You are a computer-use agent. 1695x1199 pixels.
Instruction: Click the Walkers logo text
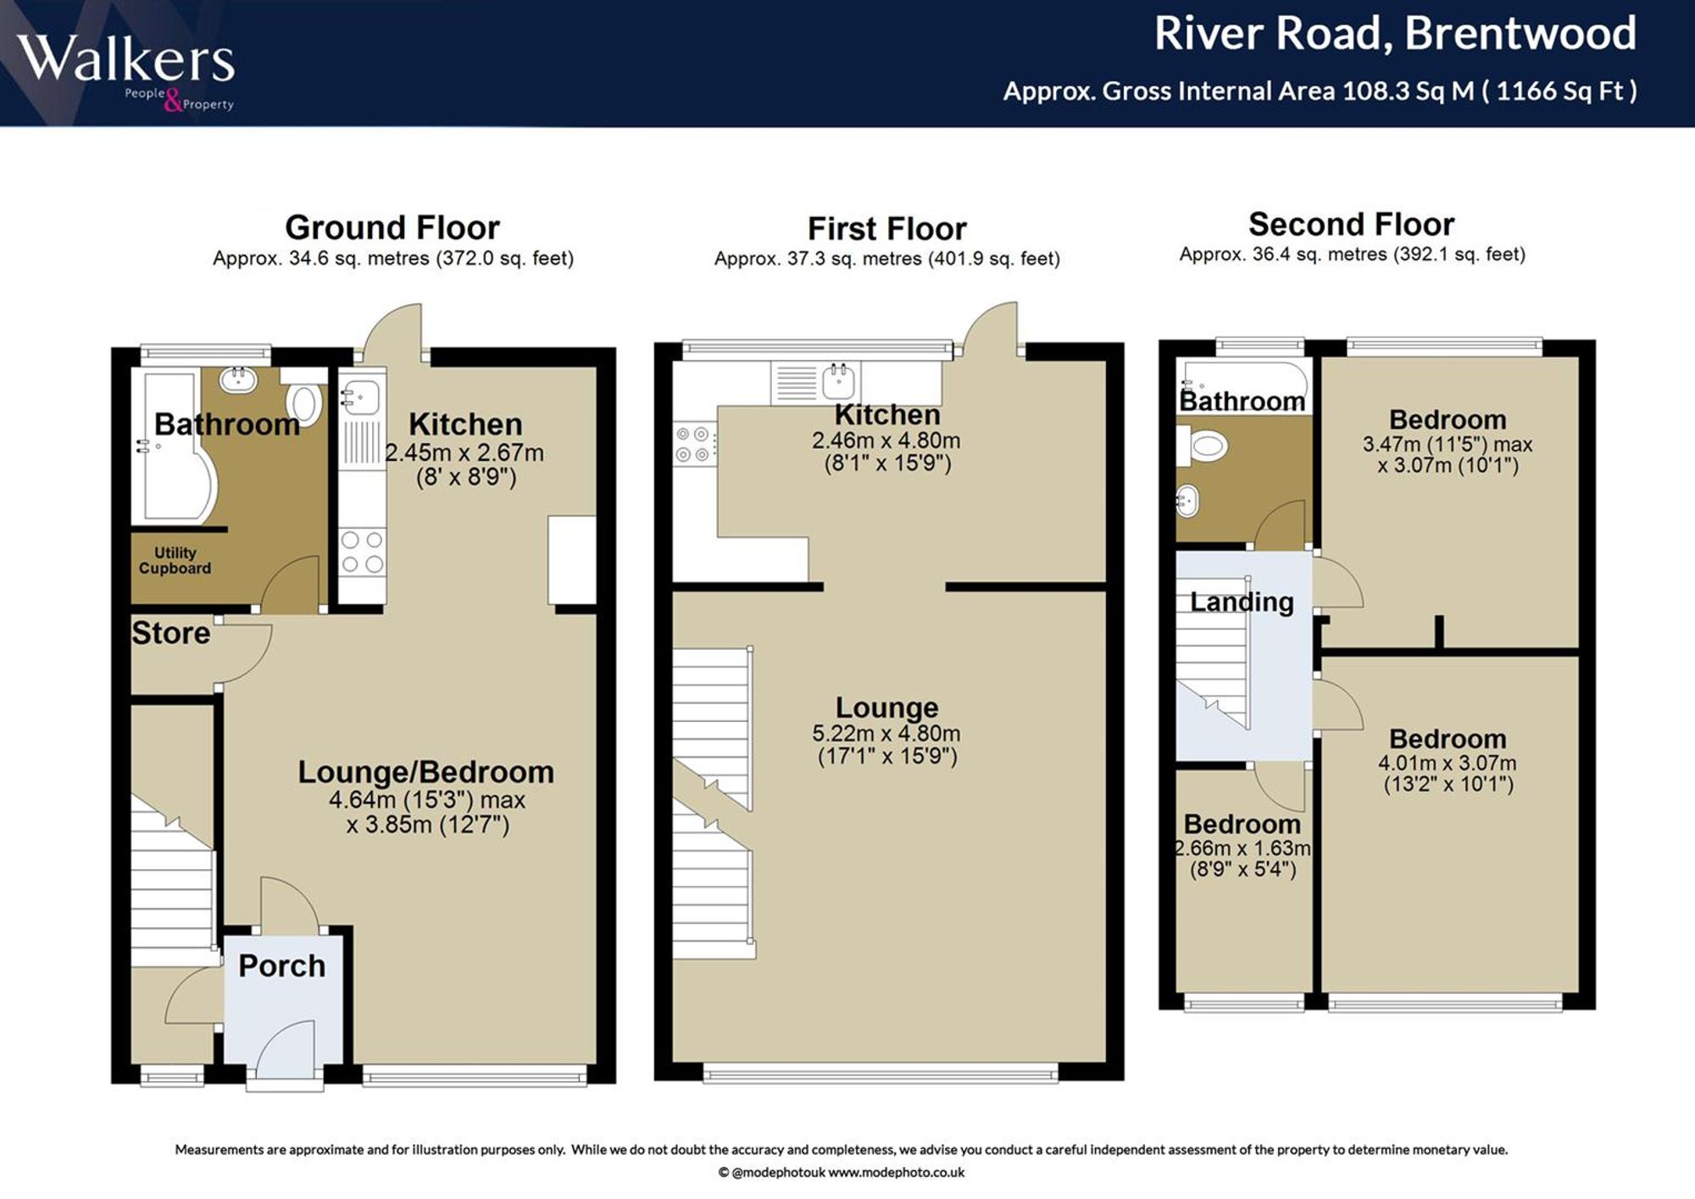[125, 59]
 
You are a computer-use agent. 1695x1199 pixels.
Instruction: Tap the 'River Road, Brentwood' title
[1395, 34]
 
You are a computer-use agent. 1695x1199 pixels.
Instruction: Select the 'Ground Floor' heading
[392, 227]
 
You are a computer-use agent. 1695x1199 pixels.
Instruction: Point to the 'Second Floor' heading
[1352, 225]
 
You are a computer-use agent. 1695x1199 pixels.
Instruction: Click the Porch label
[281, 965]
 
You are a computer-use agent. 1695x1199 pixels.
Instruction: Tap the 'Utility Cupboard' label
[175, 560]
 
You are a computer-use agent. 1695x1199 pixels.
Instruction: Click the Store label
[170, 633]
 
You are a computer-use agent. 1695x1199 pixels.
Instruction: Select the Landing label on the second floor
[1242, 602]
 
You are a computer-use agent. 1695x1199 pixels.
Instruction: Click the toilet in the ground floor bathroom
[303, 402]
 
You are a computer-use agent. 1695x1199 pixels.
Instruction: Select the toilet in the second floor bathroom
[1203, 445]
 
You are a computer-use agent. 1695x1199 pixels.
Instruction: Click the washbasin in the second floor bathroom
[1188, 501]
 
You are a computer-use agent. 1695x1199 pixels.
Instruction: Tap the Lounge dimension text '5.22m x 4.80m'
[886, 733]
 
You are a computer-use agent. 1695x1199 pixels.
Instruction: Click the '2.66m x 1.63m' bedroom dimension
[1243, 848]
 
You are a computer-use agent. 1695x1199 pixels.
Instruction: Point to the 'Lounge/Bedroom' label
[425, 772]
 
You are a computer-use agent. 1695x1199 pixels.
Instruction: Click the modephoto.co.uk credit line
[841, 1173]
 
